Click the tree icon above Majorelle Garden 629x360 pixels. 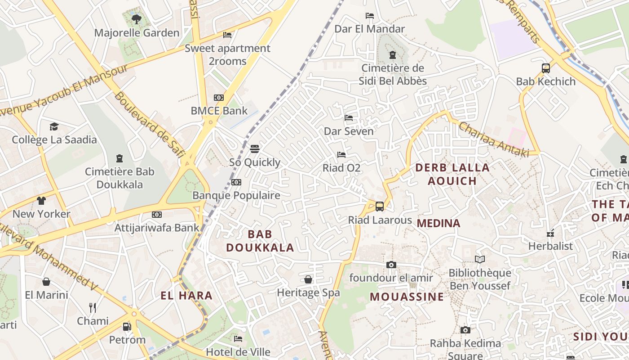(x=137, y=19)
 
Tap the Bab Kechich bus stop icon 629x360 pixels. (x=546, y=68)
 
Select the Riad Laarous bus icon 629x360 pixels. (x=380, y=207)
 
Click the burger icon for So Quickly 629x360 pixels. (x=255, y=149)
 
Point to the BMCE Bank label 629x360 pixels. (x=219, y=111)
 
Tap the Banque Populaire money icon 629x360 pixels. (x=236, y=182)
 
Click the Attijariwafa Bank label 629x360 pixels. (x=156, y=228)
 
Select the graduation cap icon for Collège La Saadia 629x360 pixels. (x=54, y=126)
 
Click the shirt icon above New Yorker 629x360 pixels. (x=41, y=201)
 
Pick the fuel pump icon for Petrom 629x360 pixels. (x=127, y=326)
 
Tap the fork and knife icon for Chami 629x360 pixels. (x=93, y=308)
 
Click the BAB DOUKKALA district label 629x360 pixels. (x=260, y=241)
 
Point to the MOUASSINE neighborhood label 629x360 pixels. (x=407, y=297)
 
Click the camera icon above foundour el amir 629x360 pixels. (x=391, y=265)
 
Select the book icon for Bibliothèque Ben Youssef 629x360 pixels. (x=480, y=259)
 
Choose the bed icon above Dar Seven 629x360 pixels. (x=349, y=118)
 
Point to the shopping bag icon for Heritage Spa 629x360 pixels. (x=308, y=279)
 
